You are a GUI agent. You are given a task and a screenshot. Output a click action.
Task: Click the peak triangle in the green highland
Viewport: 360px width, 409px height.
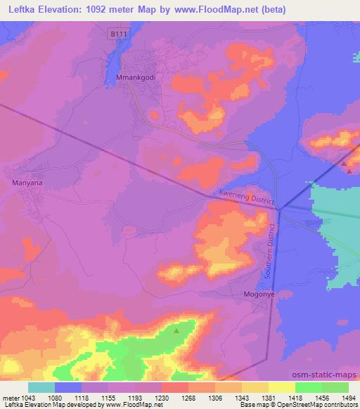click(176, 329)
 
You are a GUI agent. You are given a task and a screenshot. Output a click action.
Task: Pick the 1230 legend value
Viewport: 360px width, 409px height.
click(162, 397)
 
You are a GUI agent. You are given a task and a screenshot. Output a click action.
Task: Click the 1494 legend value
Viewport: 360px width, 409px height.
click(348, 397)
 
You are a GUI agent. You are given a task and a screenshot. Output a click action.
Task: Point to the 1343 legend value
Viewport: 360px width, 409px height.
click(241, 397)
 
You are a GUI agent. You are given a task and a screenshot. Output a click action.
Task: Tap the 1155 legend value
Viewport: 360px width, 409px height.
click(109, 397)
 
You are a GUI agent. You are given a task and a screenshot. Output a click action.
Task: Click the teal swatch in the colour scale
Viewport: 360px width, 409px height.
click(41, 387)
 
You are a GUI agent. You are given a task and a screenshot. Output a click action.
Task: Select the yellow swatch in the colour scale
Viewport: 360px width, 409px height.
click(281, 387)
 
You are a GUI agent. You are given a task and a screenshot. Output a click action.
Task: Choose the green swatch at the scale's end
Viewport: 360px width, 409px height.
click(335, 387)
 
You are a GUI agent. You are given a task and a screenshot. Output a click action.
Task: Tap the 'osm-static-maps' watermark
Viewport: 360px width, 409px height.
click(330, 376)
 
